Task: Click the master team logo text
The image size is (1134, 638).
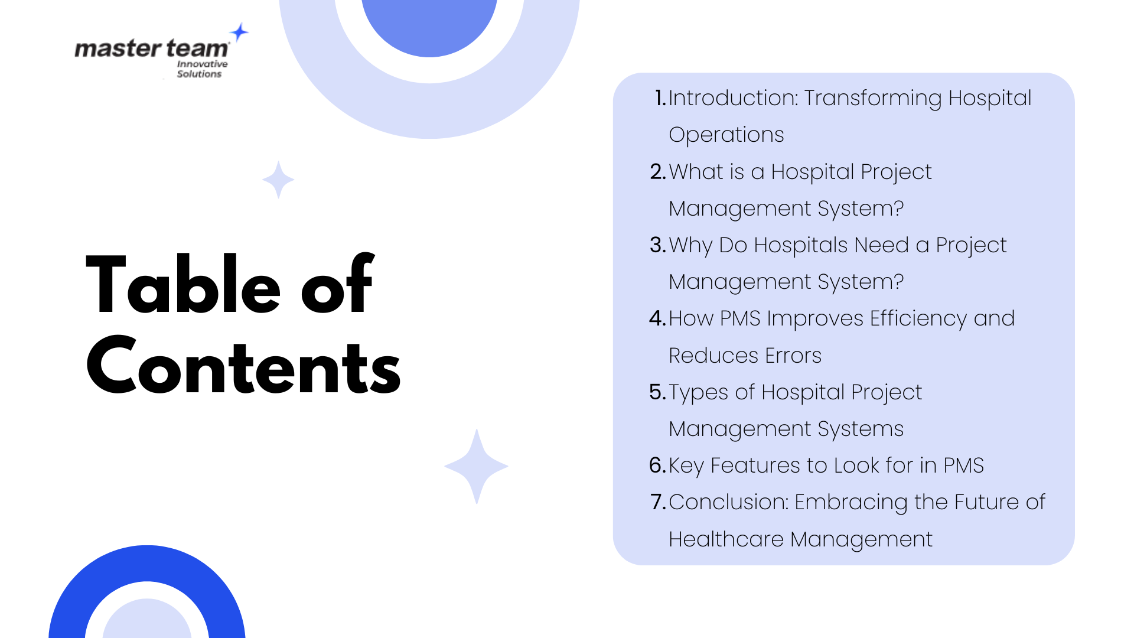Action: (x=151, y=48)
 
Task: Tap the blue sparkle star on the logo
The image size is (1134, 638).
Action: (x=239, y=32)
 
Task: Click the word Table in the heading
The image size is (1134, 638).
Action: (x=183, y=285)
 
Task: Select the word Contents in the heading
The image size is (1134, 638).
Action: (x=243, y=366)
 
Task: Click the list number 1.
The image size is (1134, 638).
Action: (x=660, y=98)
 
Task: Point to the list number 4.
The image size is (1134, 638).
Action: (x=657, y=318)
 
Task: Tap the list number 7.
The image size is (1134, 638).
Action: (x=657, y=502)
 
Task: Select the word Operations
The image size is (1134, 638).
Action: (x=726, y=135)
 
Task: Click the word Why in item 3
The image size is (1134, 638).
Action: (x=690, y=245)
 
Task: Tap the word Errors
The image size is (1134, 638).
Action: (x=793, y=356)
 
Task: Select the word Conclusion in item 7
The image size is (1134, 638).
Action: (x=728, y=502)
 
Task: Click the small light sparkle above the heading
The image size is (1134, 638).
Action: (x=278, y=179)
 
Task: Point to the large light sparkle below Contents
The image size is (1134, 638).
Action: (x=476, y=466)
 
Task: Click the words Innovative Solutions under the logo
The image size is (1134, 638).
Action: (x=201, y=69)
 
